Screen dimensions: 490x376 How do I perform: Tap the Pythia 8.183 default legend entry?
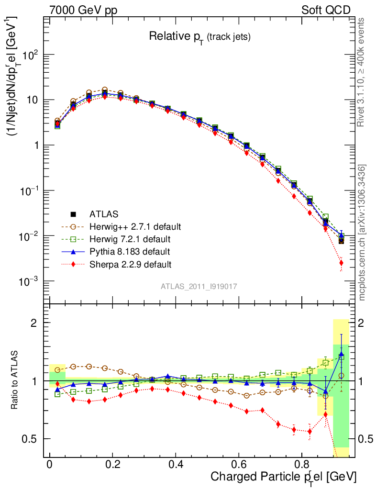(x=129, y=251)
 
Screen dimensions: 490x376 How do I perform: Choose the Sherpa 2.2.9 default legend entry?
(x=130, y=264)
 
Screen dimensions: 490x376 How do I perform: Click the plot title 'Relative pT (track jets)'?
(x=199, y=36)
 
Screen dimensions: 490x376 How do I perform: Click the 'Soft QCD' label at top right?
(x=326, y=10)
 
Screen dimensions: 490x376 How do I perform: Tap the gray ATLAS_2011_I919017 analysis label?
(x=199, y=286)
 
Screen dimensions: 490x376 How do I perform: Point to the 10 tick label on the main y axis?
(x=33, y=100)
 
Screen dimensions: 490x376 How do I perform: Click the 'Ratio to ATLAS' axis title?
(x=16, y=381)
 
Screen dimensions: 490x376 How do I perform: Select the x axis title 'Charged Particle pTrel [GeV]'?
(x=284, y=477)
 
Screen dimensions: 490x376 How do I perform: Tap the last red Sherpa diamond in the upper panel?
(x=341, y=263)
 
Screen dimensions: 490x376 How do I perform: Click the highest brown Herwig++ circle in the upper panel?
(x=105, y=90)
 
